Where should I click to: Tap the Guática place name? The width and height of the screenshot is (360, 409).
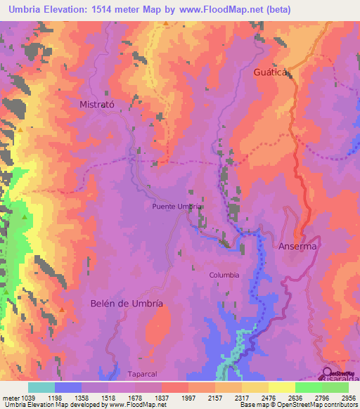[x=272, y=72]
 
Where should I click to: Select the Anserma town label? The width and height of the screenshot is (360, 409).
[x=298, y=247]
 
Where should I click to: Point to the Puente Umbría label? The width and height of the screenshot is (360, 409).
[x=178, y=207]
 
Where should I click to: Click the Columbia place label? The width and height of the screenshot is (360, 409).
[x=224, y=275]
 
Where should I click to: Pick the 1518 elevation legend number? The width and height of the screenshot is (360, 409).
[x=108, y=398]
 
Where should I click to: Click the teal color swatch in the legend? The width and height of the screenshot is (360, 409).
[x=41, y=387]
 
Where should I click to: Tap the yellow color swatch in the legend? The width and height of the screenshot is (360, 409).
[x=281, y=387]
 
